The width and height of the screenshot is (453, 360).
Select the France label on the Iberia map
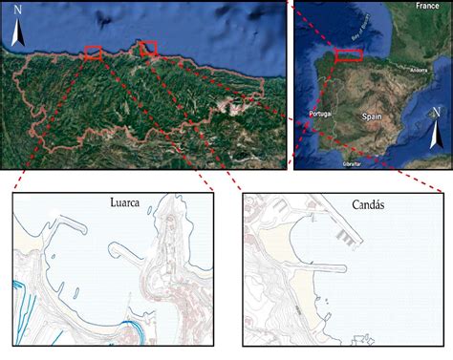[x=426, y=6]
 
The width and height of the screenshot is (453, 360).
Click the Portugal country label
[x=319, y=113]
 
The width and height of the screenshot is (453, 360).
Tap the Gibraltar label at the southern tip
[x=352, y=163]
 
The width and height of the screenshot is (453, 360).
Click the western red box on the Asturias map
[x=93, y=53]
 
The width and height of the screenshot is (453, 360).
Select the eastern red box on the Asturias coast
[x=148, y=48]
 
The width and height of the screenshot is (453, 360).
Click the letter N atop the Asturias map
[x=18, y=13]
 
